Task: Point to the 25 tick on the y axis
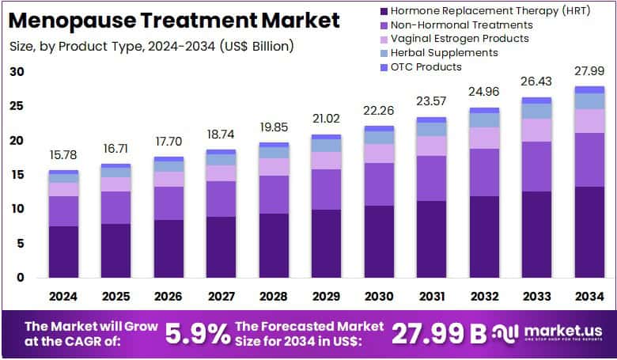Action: point(17,106)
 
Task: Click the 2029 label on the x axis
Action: point(327,296)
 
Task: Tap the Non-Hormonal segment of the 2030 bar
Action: point(380,184)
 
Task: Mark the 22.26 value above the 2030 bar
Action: point(380,113)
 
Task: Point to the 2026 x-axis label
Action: point(168,296)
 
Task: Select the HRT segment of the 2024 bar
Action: point(63,252)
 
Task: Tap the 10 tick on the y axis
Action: point(17,209)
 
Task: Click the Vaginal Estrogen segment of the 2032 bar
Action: point(485,138)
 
